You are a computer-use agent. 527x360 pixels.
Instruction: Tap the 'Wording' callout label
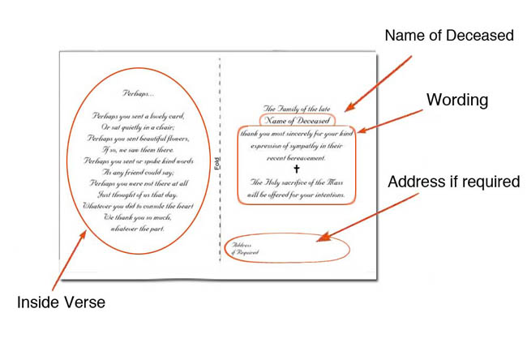[x=457, y=100]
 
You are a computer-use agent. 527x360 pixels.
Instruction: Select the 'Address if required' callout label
[x=453, y=182]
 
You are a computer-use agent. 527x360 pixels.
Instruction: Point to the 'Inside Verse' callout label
[x=60, y=303]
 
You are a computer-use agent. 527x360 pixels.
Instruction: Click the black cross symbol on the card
[x=296, y=169]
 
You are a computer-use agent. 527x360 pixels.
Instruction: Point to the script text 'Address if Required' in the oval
[x=246, y=248]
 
